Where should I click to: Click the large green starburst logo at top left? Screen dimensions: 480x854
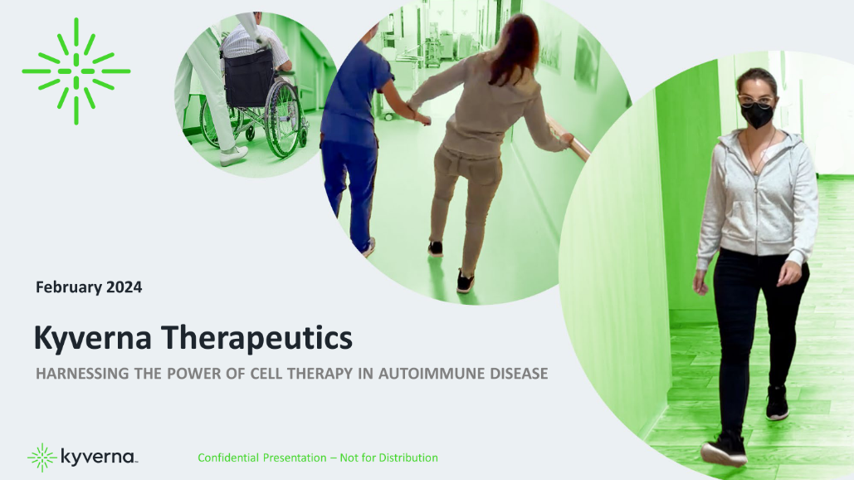click(x=76, y=71)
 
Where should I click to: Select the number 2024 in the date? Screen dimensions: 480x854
click(x=121, y=287)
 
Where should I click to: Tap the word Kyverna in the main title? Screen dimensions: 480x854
click(x=93, y=339)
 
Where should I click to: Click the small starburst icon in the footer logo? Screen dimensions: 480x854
click(x=41, y=458)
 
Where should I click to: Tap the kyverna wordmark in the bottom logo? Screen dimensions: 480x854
click(x=98, y=458)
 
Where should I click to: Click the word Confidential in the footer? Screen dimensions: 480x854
click(x=227, y=458)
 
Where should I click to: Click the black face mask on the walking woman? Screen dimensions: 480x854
click(x=756, y=115)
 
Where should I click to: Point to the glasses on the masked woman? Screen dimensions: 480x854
click(x=755, y=99)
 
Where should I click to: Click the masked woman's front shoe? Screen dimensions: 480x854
click(x=723, y=448)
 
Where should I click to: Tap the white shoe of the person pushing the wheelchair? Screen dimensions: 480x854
click(x=233, y=155)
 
